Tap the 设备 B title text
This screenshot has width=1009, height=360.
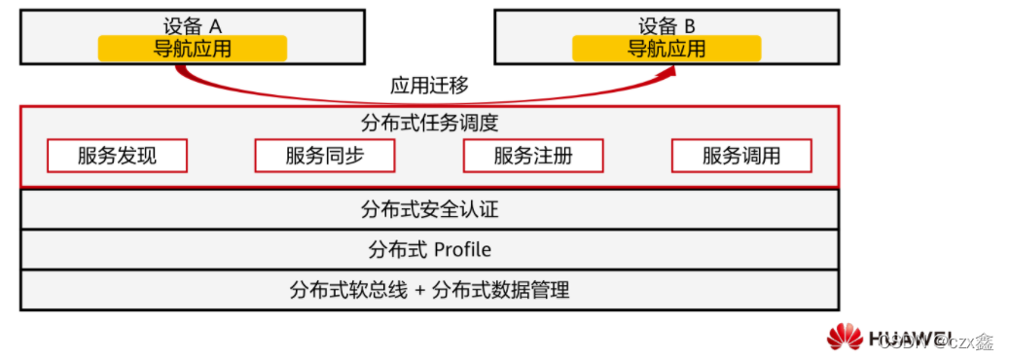point(667,26)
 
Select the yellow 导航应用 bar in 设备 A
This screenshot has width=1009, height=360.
point(192,48)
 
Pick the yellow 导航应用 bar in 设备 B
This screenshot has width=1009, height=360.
point(667,48)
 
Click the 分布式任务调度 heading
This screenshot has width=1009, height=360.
point(429,124)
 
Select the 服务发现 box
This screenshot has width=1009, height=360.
point(117,156)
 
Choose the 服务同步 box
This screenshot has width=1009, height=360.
point(325,156)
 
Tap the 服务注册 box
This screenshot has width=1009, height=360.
point(533,156)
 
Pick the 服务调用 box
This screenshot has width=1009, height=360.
point(741,156)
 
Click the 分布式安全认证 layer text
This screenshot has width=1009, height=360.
point(429,208)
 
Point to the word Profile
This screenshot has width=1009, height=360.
point(462,249)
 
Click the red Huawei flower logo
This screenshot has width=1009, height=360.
point(845,338)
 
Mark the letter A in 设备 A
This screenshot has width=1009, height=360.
point(216,26)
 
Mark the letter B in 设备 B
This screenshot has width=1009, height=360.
point(692,26)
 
